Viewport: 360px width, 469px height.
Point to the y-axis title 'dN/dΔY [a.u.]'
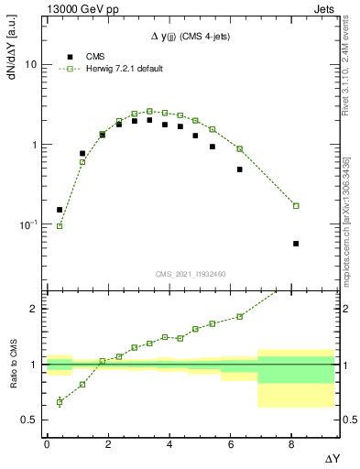tap(12, 55)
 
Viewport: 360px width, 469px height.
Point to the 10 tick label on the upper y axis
tap(30, 65)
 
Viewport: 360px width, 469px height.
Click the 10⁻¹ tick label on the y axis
tap(28, 224)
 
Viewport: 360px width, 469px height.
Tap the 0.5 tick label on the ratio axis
tap(30, 420)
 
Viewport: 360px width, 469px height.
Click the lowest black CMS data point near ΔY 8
tap(296, 244)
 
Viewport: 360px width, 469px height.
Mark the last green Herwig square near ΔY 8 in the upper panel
tap(296, 205)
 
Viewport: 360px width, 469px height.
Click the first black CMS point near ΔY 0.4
tap(60, 210)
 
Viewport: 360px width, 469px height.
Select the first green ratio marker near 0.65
tap(60, 402)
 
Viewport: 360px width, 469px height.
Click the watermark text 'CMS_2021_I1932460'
tap(191, 275)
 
